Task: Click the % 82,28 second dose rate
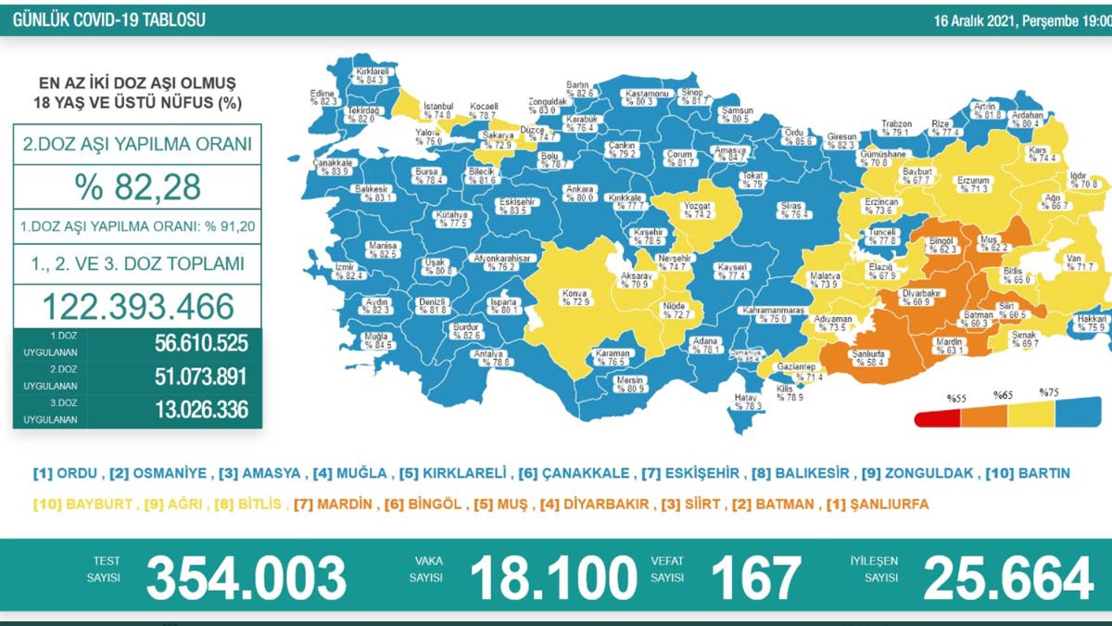point(137,188)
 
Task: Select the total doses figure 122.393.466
point(137,306)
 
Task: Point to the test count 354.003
point(246,578)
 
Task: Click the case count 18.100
point(553,578)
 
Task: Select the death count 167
point(755,578)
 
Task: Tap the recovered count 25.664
point(1008,578)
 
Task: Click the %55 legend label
point(956,398)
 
